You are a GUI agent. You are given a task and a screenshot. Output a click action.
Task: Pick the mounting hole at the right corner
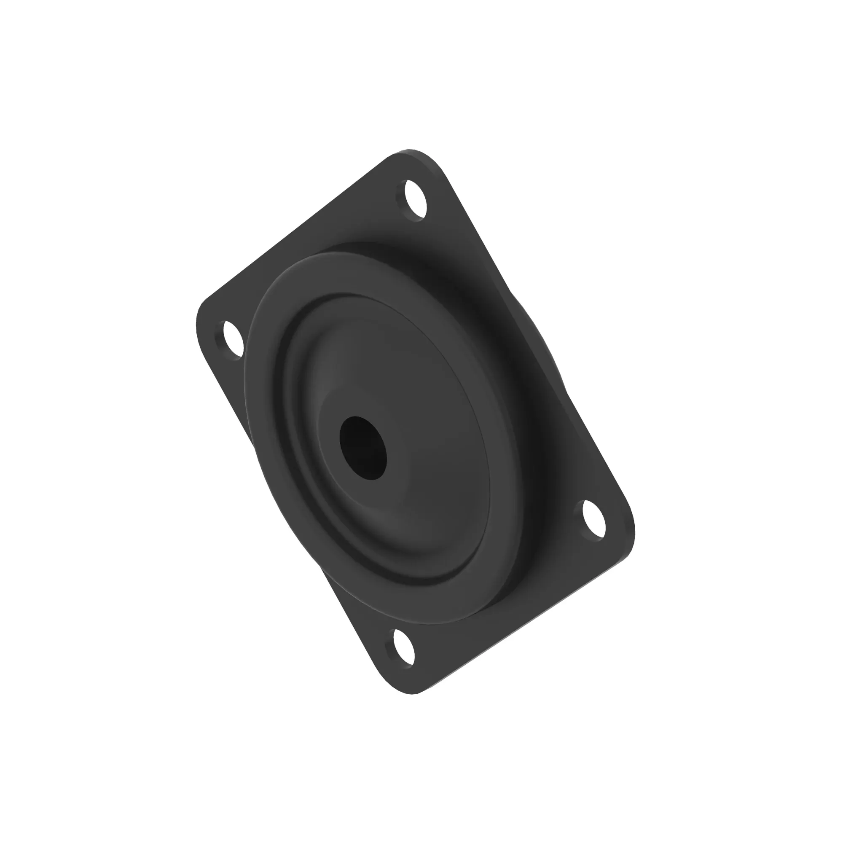[595, 521]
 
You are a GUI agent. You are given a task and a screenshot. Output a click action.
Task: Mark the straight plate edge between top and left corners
[297, 231]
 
